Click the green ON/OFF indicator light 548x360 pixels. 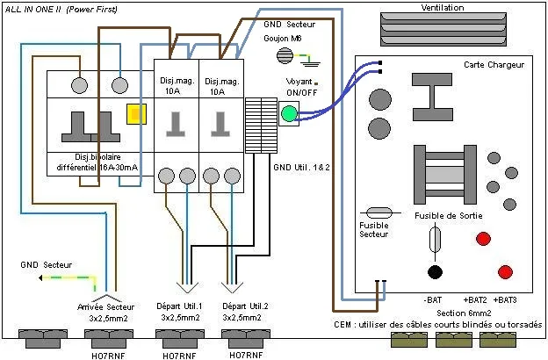pyautogui.click(x=289, y=113)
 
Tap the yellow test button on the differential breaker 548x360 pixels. pyautogui.click(x=136, y=114)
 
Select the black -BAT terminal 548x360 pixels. pyautogui.click(x=435, y=272)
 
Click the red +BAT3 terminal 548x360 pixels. pyautogui.click(x=505, y=271)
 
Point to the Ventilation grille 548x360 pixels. pyautogui.click(x=443, y=29)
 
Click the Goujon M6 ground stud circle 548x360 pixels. pyautogui.click(x=285, y=55)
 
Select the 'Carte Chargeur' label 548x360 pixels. pyautogui.click(x=494, y=65)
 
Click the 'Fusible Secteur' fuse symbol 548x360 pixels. pyautogui.click(x=379, y=212)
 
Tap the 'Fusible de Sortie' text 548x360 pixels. pyautogui.click(x=449, y=216)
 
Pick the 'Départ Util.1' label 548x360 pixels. pyautogui.click(x=179, y=306)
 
